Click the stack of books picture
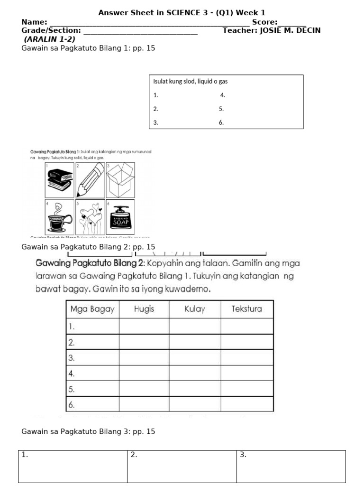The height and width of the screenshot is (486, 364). click(59, 180)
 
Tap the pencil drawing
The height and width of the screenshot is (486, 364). click(90, 180)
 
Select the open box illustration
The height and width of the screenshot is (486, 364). click(120, 180)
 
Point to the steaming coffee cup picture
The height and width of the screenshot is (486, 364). click(59, 217)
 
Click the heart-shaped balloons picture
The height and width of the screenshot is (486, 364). click(90, 217)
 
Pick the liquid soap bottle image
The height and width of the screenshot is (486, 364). click(120, 217)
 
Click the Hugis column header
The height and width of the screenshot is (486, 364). click(144, 309)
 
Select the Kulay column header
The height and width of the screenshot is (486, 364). click(195, 309)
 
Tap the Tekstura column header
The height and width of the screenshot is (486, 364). click(246, 309)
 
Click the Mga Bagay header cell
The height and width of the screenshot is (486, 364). click(92, 309)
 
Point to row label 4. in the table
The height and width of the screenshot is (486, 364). click(72, 374)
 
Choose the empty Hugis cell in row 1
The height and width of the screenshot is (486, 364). click(144, 327)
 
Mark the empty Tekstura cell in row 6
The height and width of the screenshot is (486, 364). click(246, 404)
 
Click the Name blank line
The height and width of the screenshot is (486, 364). click(149, 22)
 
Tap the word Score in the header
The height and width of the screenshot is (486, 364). click(264, 22)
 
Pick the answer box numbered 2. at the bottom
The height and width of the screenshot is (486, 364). click(182, 467)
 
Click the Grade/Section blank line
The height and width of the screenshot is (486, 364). click(140, 31)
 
